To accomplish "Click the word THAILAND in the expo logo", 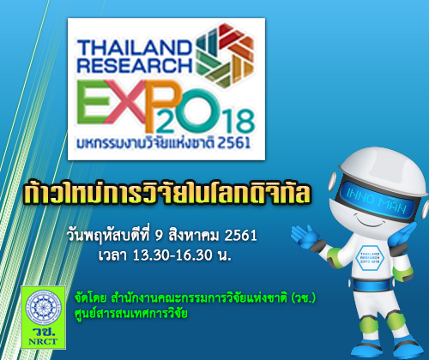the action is coord(134,47).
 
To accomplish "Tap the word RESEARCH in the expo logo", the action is coord(135,65).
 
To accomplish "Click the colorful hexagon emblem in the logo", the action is coord(225,55).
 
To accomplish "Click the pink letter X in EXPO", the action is coord(125,102).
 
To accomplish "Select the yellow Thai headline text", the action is coord(167,192).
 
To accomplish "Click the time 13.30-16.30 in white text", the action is coord(172,255).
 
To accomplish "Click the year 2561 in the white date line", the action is coord(240,236).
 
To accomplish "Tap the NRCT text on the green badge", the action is coord(43,341).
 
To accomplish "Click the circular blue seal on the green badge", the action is coord(43,308).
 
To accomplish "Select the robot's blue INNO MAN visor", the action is coord(377,201).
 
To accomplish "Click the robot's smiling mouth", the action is coord(372,222).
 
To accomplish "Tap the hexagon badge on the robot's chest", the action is coord(370,257).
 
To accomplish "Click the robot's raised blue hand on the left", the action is coord(305,236).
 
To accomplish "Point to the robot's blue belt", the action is coord(372,285).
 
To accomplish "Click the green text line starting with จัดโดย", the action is coord(195,298).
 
